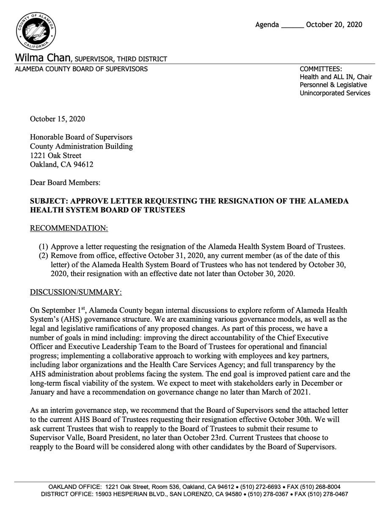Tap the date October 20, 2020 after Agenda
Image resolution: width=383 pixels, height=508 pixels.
point(334,25)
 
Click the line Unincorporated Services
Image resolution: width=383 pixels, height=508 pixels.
point(335,93)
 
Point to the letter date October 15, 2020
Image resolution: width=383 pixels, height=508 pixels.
point(57,119)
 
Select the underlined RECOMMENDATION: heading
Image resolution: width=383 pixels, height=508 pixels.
point(69,229)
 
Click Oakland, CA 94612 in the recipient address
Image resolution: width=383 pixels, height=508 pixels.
point(61,165)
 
